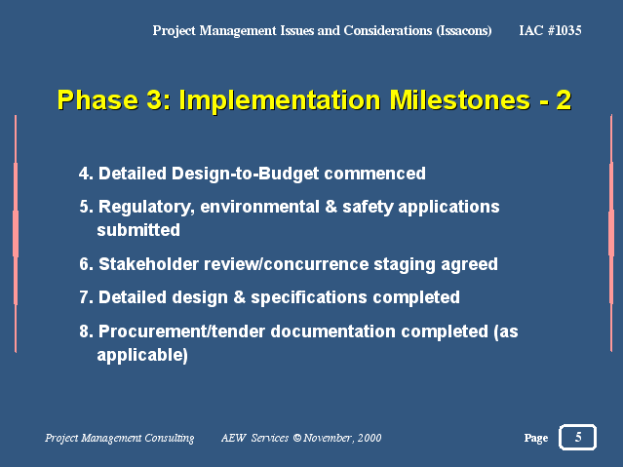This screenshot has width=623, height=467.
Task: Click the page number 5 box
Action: click(x=577, y=437)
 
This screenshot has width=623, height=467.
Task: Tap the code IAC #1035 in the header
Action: click(x=550, y=30)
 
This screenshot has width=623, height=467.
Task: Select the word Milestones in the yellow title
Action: click(x=460, y=99)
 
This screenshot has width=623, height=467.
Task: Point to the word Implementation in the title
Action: click(x=280, y=100)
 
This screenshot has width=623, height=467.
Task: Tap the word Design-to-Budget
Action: click(x=245, y=175)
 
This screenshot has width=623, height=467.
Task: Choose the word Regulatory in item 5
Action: click(x=146, y=208)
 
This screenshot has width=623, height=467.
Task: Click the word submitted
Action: click(x=138, y=230)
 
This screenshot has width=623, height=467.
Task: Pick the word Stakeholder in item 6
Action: click(x=148, y=264)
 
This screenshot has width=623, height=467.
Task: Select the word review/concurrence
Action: click(x=286, y=264)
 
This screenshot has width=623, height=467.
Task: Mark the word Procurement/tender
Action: click(x=181, y=331)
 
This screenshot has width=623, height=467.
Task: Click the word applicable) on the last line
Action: click(x=142, y=355)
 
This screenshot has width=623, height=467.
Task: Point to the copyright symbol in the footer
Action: click(x=296, y=438)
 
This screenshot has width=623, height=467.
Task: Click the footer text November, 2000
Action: click(x=342, y=438)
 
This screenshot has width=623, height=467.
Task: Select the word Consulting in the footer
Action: click(x=170, y=438)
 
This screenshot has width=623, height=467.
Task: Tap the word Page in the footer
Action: click(x=535, y=438)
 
